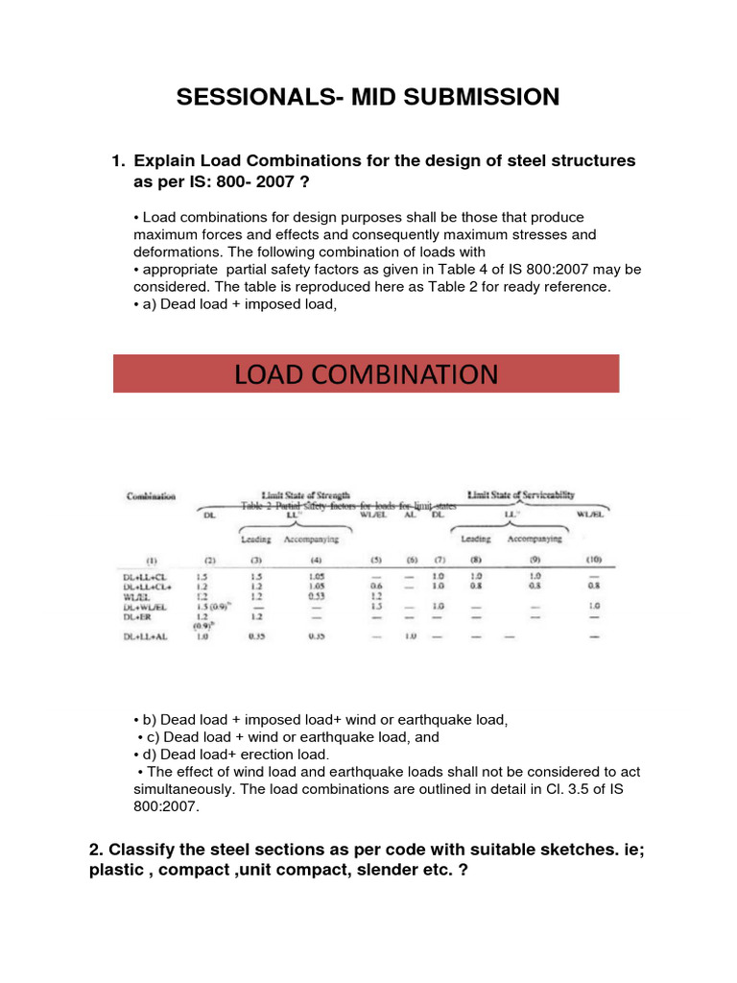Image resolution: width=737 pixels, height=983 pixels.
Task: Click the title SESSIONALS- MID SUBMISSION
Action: pyautogui.click(x=368, y=96)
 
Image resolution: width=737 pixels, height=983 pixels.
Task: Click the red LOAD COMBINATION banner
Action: pyautogui.click(x=367, y=373)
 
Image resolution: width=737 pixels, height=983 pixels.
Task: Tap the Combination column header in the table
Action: pyautogui.click(x=151, y=496)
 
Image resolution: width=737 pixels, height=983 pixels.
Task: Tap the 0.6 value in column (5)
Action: pyautogui.click(x=376, y=586)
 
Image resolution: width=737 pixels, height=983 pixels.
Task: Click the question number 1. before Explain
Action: pyautogui.click(x=120, y=161)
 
